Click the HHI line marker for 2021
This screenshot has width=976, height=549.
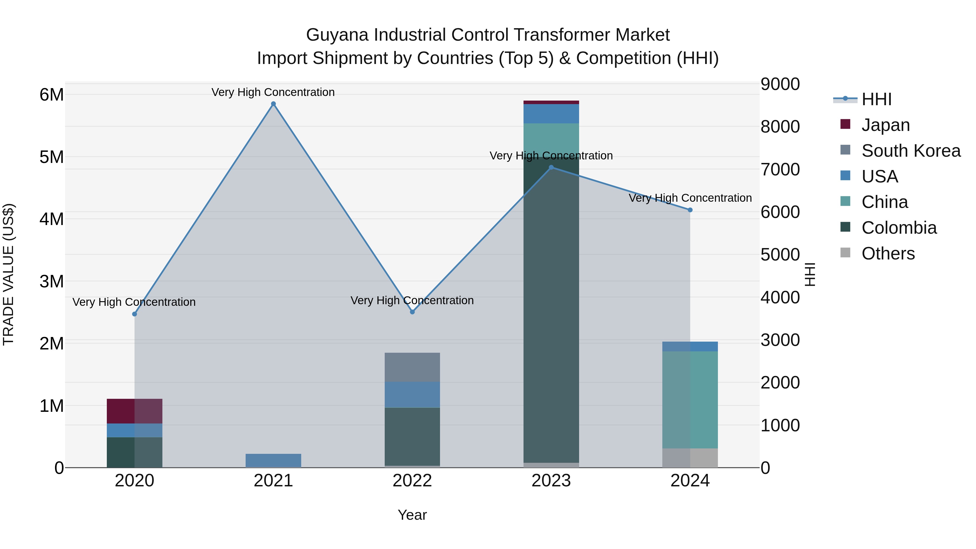point(273,104)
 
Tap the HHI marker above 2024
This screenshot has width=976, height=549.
point(690,210)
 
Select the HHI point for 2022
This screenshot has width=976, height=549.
point(412,312)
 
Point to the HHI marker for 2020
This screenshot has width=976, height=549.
point(134,314)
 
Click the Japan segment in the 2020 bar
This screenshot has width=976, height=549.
point(134,411)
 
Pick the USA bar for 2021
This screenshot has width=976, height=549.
point(273,460)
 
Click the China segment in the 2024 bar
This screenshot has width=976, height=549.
point(690,400)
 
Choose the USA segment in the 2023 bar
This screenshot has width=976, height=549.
point(551,114)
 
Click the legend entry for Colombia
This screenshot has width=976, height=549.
point(898,228)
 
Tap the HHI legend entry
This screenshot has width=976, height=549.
point(876,99)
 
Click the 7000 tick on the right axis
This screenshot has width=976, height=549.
point(780,169)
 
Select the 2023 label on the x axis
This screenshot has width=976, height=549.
point(551,481)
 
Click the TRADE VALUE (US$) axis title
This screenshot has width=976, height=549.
point(8,274)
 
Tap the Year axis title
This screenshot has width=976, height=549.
point(412,515)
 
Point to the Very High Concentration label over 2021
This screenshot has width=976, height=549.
point(273,92)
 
